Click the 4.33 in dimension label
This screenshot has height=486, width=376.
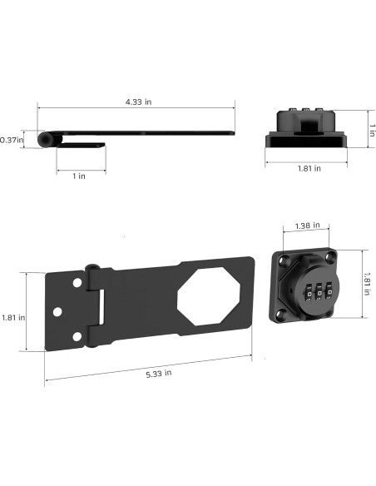coord(137,102)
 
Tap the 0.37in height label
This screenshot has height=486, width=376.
coord(11,139)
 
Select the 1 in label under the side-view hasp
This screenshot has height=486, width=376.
coord(77,176)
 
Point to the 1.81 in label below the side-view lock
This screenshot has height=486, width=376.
coord(307,168)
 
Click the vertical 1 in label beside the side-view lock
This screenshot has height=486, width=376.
coord(372,131)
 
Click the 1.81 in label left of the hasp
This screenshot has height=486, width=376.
coord(13,317)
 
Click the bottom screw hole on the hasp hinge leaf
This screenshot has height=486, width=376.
coord(77,336)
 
